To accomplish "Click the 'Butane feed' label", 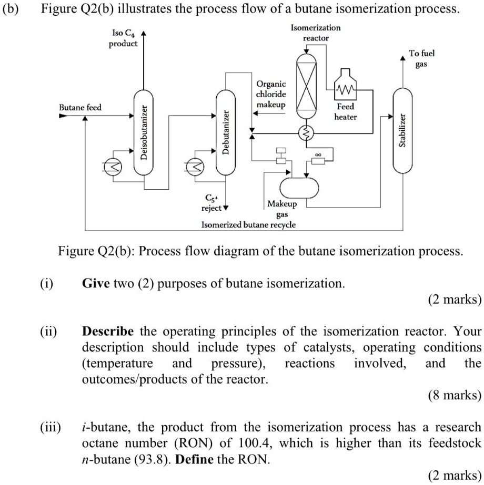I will point(80,107).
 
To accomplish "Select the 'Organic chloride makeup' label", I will point(271,95).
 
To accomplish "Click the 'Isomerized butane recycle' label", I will point(248,224).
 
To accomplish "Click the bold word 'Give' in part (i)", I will point(96,284).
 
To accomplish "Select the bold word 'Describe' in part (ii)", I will point(108,332).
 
